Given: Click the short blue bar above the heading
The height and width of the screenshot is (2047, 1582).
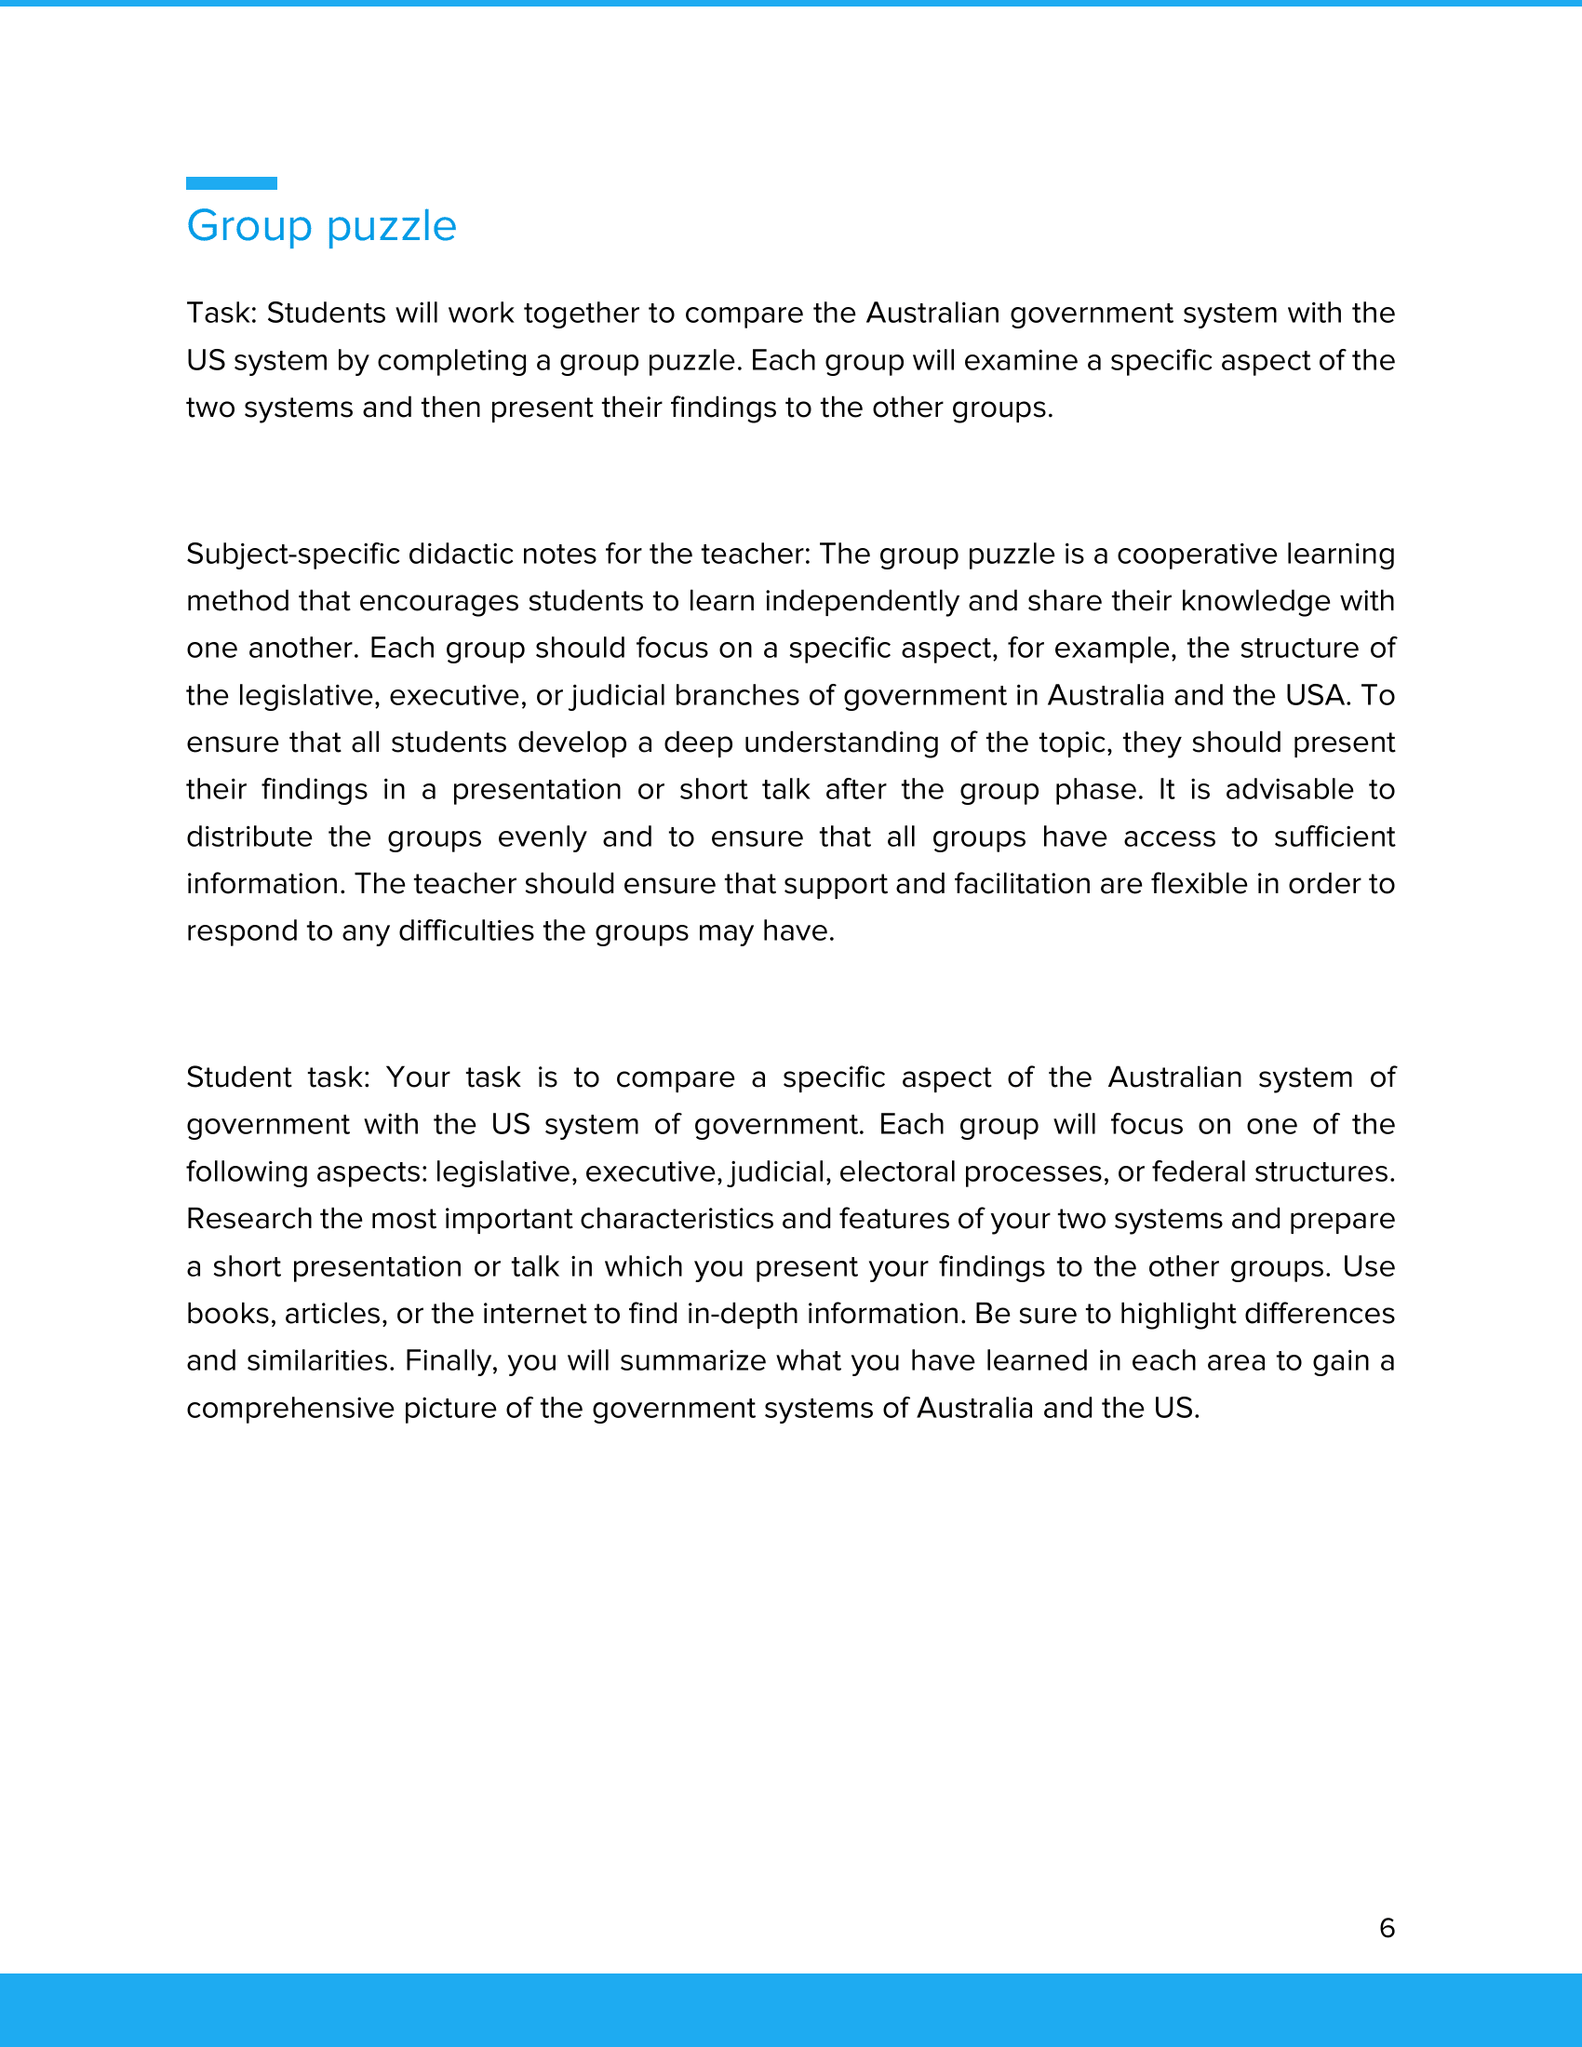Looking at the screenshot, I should click(232, 182).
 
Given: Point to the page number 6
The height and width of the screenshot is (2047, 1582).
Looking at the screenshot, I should click(1388, 1927).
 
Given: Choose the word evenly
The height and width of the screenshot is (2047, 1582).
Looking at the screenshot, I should click(542, 836).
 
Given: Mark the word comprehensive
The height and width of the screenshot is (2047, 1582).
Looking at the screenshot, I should click(289, 1408).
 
